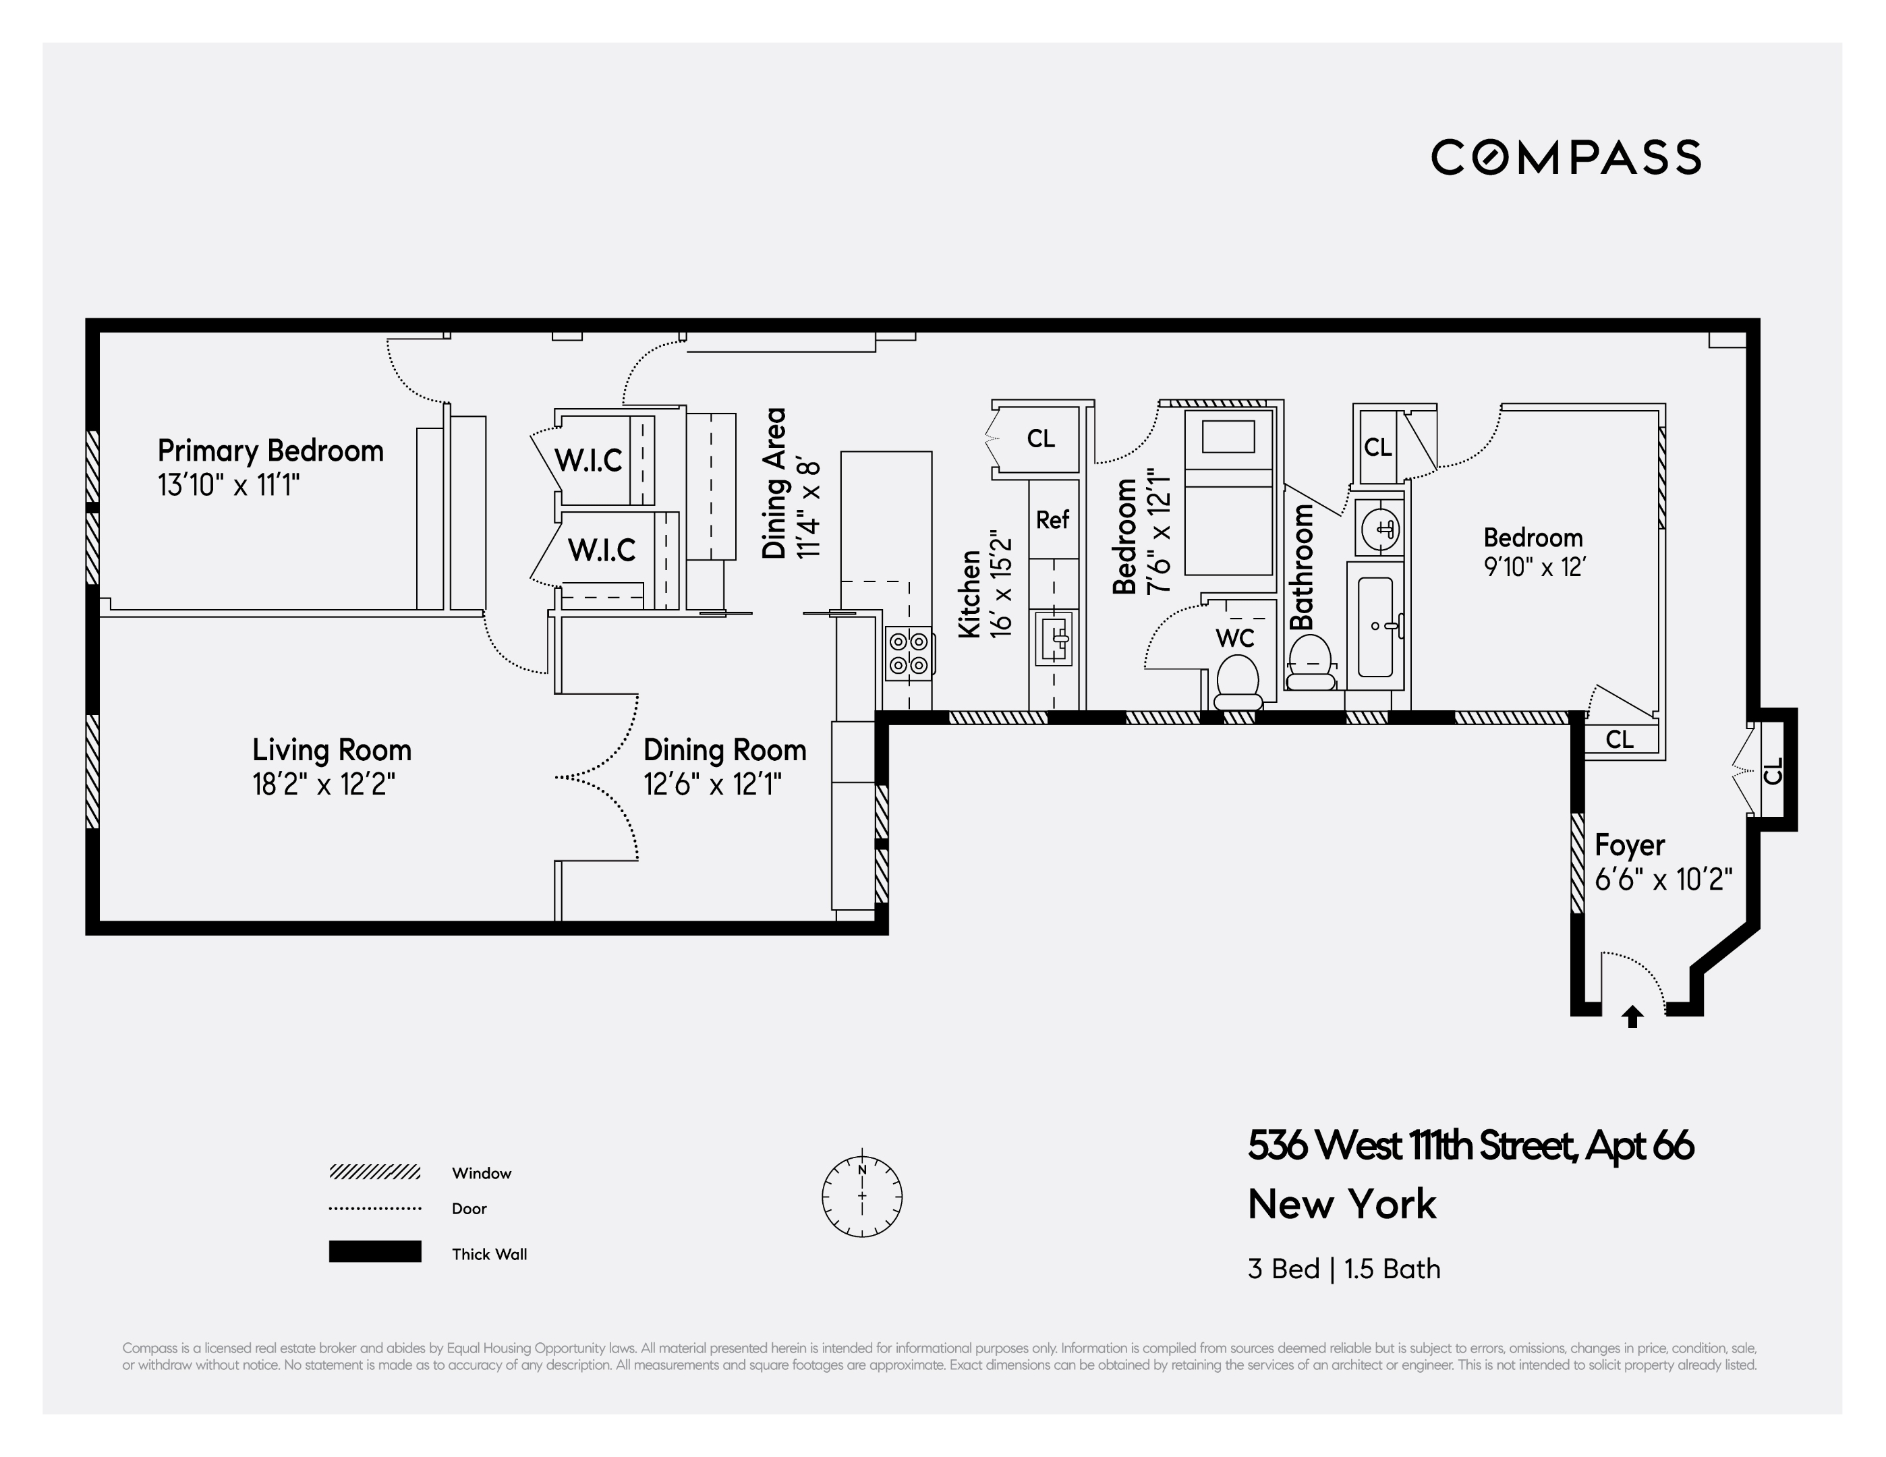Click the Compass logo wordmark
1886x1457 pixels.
pos(1565,157)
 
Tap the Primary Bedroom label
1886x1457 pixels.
pos(270,451)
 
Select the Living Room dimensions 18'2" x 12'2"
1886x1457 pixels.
pos(324,784)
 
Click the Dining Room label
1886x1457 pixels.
pos(724,749)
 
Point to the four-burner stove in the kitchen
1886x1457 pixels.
pos(909,653)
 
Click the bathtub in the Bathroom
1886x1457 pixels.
pos(1375,626)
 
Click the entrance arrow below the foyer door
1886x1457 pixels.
pos(1631,1017)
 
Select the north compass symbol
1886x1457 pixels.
pos(862,1196)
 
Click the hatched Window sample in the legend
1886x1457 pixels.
pos(375,1172)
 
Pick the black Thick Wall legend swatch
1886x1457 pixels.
pos(375,1251)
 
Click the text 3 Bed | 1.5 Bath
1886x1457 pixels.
pos(1344,1269)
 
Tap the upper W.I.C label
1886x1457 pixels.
pos(588,460)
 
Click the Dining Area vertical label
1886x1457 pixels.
pos(774,484)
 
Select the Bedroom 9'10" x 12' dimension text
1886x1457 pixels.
pos(1535,567)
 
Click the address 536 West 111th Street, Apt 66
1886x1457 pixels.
pos(1470,1145)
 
